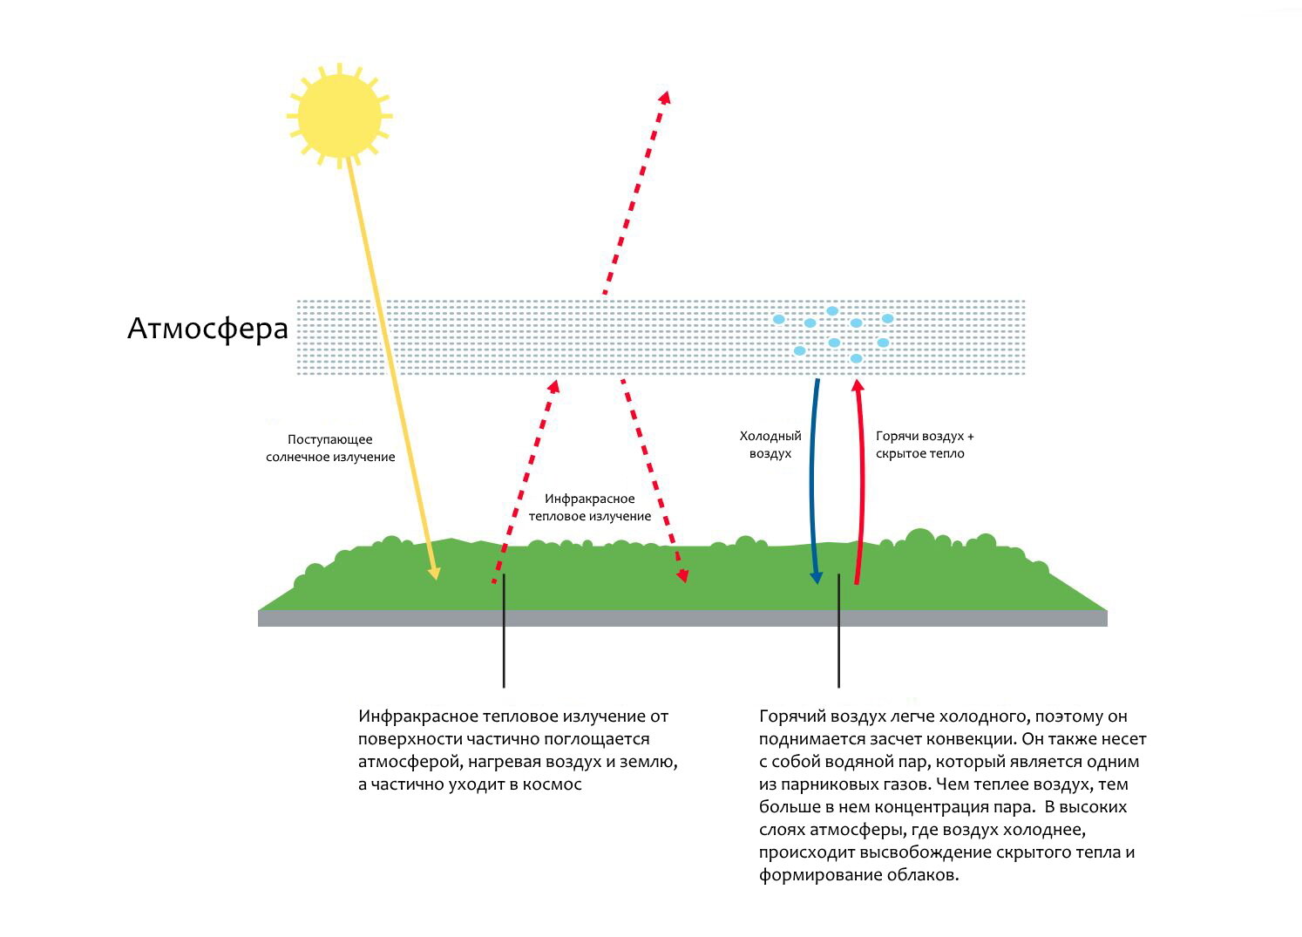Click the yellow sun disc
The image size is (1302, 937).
click(x=340, y=116)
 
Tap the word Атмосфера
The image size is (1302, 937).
click(x=207, y=329)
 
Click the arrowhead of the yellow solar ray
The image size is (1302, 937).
click(x=434, y=574)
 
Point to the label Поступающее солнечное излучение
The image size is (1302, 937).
click(x=330, y=448)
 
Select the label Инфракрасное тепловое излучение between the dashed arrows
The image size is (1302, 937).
click(x=589, y=507)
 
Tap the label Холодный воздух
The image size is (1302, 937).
click(x=770, y=445)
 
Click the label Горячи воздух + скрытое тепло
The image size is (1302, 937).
click(x=924, y=445)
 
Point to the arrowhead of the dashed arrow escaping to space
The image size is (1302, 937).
click(x=666, y=97)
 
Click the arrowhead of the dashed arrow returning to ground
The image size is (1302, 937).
click(x=683, y=575)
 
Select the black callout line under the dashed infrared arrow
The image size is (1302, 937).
click(x=504, y=631)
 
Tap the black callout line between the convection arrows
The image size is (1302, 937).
click(x=838, y=631)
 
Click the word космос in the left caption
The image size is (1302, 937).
click(x=553, y=784)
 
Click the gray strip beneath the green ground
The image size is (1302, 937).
click(x=682, y=618)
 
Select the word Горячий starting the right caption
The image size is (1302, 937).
click(x=791, y=716)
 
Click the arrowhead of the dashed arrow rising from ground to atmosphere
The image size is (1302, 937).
click(x=554, y=386)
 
